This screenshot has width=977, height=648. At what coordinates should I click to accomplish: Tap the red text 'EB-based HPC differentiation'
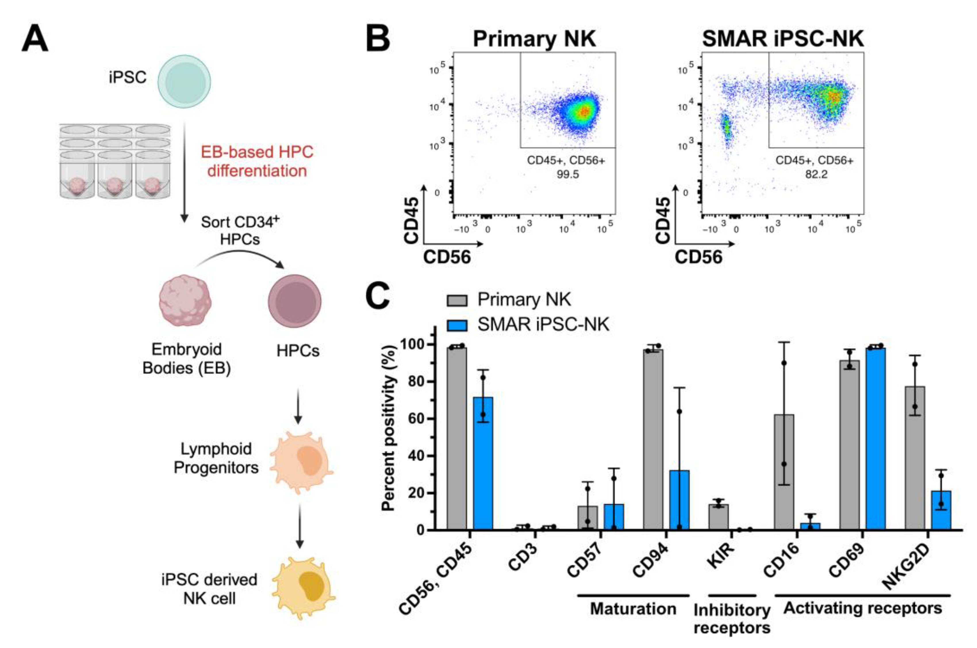pos(257,162)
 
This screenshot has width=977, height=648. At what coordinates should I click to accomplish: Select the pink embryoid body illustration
pos(185,303)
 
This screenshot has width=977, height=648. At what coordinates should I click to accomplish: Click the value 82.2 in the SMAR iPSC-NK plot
pos(816,174)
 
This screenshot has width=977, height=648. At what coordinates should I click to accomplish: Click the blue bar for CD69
pos(876,438)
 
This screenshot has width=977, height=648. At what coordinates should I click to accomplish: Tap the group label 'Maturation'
pos(633,609)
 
